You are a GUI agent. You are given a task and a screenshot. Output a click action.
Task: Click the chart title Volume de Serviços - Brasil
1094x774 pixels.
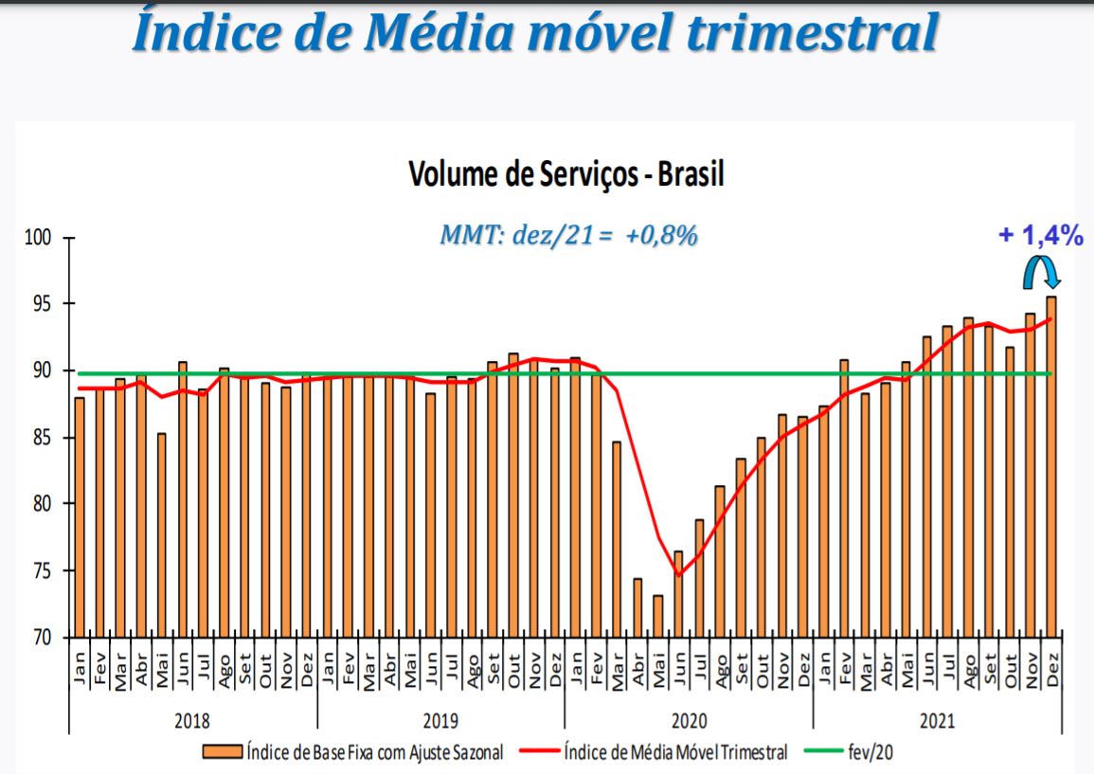point(565,173)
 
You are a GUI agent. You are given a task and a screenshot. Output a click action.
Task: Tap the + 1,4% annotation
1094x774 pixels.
point(1040,235)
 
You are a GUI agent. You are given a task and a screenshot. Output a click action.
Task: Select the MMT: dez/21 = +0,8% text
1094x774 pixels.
point(568,236)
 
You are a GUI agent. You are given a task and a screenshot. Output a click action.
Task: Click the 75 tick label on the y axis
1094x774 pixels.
point(42,571)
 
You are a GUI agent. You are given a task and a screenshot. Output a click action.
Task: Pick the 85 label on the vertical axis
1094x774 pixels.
point(42,438)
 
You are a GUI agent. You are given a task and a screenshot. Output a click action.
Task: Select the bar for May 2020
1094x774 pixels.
point(658,617)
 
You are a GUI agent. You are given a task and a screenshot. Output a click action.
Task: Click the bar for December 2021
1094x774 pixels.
point(1050,467)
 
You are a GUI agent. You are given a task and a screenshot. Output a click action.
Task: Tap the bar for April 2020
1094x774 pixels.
point(637,608)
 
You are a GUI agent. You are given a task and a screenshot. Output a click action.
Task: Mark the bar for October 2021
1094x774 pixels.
point(1010,492)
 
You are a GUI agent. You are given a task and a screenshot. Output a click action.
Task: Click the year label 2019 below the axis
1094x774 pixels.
point(441,720)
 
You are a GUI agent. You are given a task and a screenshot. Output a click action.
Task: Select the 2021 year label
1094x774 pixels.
point(937,720)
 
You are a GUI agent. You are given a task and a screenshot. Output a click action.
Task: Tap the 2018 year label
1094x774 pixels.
point(192,720)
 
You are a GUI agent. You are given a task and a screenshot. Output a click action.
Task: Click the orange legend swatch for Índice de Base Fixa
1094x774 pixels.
point(223,751)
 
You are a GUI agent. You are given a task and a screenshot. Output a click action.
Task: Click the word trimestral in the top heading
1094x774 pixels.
point(814,32)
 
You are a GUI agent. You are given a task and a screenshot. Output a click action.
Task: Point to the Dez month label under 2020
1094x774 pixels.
point(804,671)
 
